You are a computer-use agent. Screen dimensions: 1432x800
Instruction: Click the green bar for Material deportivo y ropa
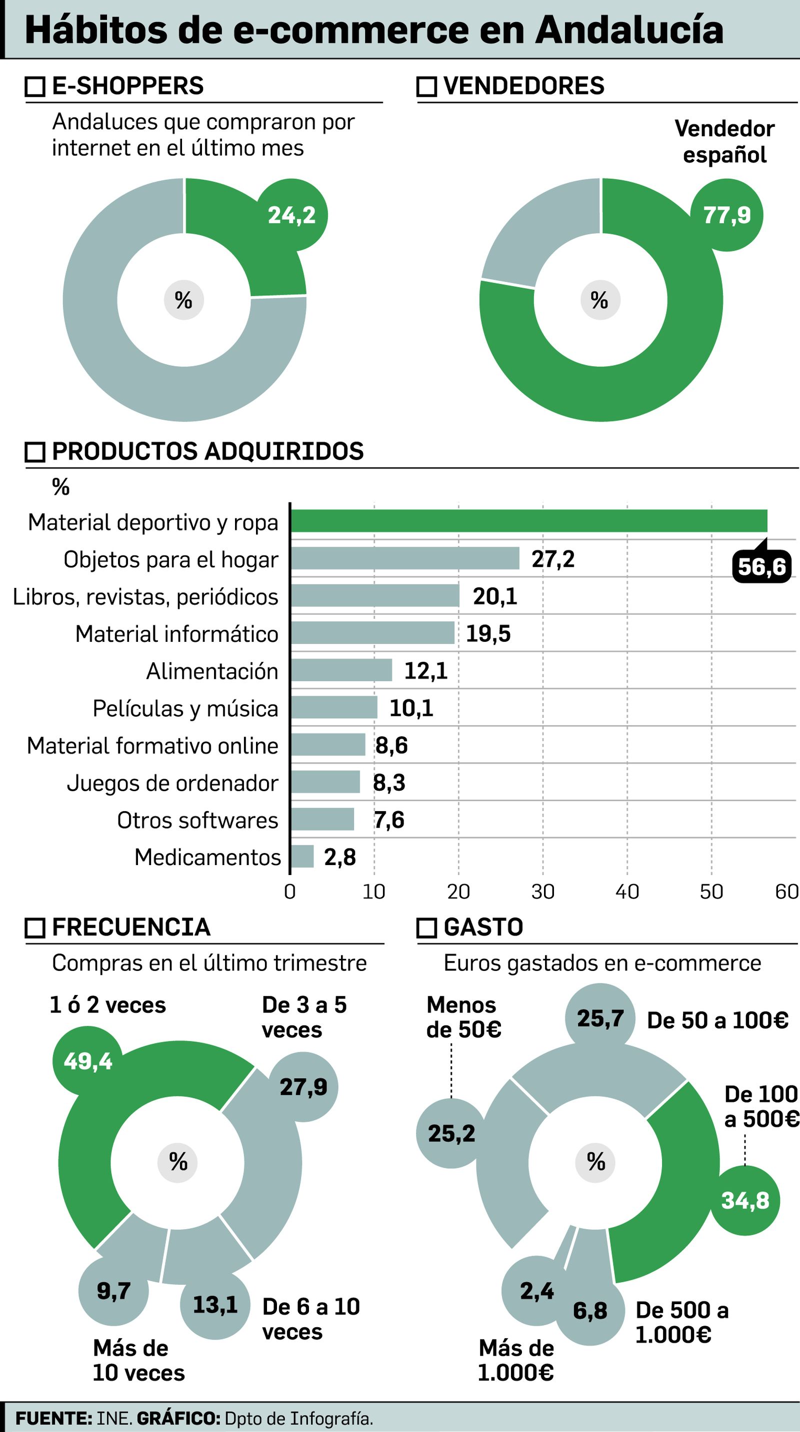point(528,521)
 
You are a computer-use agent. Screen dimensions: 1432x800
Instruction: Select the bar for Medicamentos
point(302,856)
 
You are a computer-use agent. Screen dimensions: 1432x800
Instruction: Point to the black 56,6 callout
point(761,566)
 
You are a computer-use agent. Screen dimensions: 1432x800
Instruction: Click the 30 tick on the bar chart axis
point(542,892)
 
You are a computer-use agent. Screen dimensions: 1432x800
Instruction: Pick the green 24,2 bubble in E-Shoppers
point(291,215)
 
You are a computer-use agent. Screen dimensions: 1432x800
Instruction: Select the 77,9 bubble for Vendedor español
point(726,215)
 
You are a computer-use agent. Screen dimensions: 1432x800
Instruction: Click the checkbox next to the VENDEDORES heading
point(426,87)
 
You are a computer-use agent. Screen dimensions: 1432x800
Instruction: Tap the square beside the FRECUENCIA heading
point(35,928)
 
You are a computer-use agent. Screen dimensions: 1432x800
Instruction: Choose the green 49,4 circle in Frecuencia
point(88,1061)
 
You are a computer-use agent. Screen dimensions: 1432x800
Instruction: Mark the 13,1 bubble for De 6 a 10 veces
point(215,1304)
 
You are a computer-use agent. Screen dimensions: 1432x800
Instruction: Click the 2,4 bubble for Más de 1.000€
point(536,1291)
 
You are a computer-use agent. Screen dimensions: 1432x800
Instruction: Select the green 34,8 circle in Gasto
point(745,1200)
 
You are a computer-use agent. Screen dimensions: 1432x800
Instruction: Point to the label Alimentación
point(212,671)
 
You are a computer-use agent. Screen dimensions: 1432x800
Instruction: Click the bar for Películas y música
point(334,707)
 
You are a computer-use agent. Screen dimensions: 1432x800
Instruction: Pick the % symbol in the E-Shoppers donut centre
point(183,300)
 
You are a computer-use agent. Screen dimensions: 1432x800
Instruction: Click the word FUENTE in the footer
point(53,1418)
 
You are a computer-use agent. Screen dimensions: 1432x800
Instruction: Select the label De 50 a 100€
point(717,1020)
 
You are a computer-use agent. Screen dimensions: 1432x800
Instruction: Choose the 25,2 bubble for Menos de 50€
point(451,1133)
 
